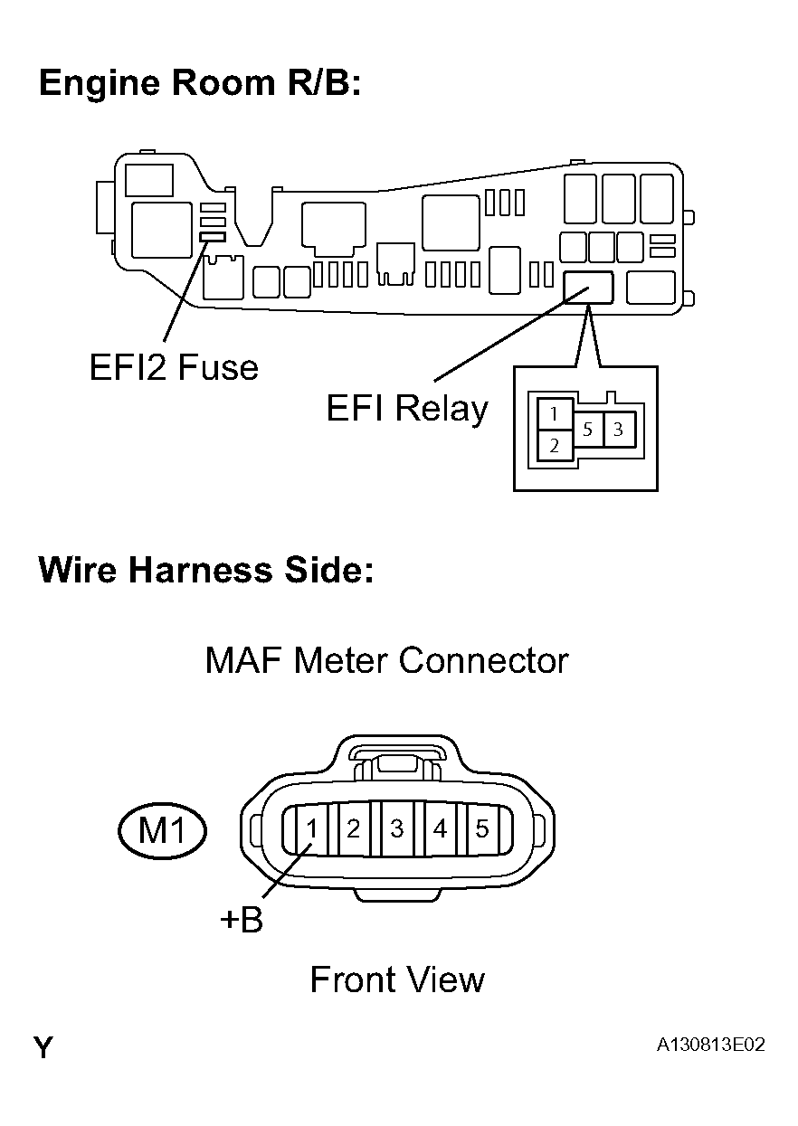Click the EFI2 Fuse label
tap(174, 367)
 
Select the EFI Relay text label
tap(407, 409)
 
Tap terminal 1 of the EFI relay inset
tap(555, 415)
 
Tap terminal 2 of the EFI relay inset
tap(555, 445)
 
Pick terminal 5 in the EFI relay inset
tap(588, 430)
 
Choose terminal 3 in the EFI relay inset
tap(618, 430)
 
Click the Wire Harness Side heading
tap(205, 571)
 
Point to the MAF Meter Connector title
tap(386, 660)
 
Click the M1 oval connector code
tap(163, 828)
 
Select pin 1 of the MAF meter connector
tap(310, 828)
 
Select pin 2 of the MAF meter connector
tap(354, 828)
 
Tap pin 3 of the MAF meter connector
tap(396, 828)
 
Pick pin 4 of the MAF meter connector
tap(440, 828)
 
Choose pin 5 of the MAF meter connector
tap(482, 828)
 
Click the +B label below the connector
tap(241, 921)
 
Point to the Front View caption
tap(397, 979)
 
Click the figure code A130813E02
tap(711, 1045)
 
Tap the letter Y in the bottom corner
tap(43, 1048)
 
